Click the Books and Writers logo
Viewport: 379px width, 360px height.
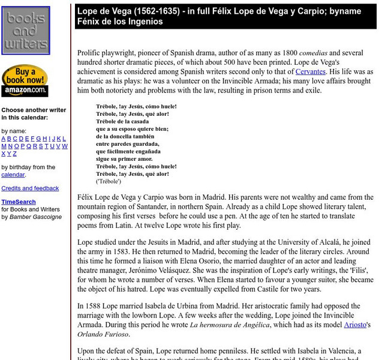[25, 31]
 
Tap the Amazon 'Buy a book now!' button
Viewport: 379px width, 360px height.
[25, 80]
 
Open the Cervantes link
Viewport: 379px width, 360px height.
[310, 71]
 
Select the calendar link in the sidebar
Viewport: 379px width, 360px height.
[13, 175]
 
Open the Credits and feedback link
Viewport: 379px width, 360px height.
[30, 188]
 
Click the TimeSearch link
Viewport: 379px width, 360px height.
[19, 202]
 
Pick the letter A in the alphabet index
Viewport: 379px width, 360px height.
[4, 139]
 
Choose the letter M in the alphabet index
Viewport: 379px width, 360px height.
[4, 146]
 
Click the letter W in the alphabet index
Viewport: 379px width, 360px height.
[64, 146]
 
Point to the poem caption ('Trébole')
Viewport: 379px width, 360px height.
[109, 181]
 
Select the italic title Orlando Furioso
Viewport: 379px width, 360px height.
[103, 334]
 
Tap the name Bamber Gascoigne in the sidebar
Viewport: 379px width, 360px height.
[35, 217]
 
